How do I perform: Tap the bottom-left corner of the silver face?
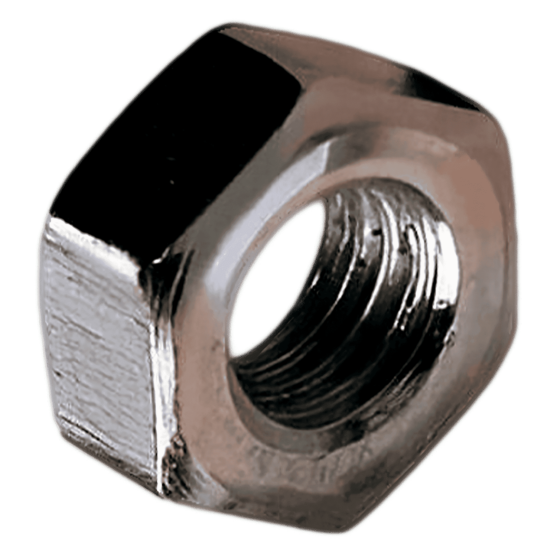point(59,420)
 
